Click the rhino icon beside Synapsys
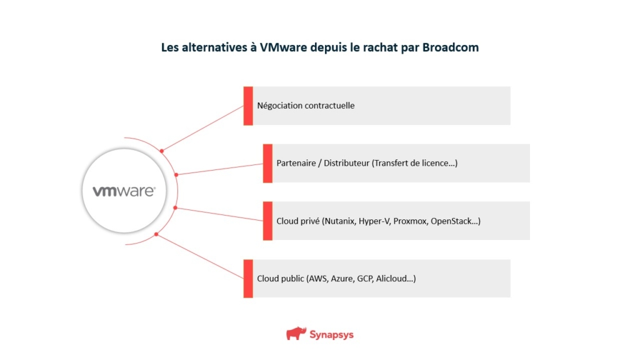tap(296, 334)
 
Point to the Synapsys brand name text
tap(331, 334)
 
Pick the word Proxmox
tap(410, 221)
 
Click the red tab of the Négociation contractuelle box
tap(248, 106)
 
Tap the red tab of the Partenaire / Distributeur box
tap(267, 163)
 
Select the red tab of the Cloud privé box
tap(267, 221)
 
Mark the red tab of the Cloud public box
tap(248, 278)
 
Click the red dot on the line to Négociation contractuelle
tap(162, 151)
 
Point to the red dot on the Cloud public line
tap(156, 235)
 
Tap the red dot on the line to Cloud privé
tap(175, 207)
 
